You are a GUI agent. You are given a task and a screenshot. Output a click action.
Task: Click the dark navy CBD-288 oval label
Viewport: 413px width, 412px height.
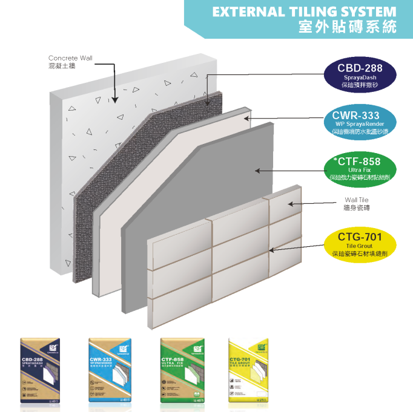359,75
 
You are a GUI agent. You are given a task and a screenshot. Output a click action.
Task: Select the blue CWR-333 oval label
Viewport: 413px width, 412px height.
360,121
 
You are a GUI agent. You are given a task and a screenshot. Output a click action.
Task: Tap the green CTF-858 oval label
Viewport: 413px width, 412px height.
359,169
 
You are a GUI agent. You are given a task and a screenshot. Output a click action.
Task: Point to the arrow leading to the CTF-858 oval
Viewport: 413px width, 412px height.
291,171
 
